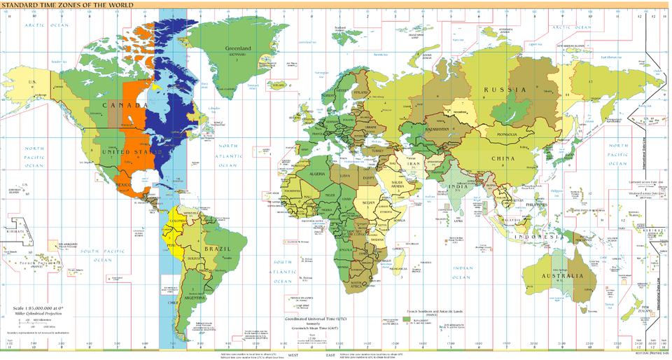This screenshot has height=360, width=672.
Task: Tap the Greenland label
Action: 237,49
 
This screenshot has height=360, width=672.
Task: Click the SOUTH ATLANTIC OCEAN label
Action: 283,271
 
